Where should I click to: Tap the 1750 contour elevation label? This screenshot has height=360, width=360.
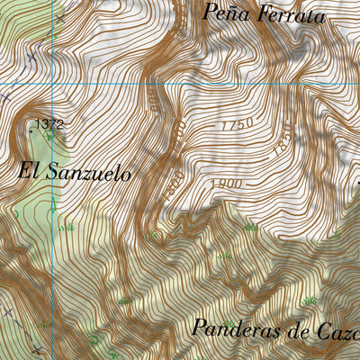(236, 124)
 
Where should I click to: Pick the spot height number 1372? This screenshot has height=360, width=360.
(50, 124)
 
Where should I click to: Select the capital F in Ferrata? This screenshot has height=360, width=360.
(259, 13)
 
